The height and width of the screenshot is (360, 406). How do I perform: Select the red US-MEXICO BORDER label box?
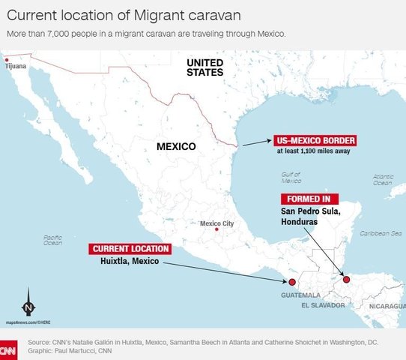[x=315, y=140]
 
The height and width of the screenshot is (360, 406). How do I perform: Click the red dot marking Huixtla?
[x=292, y=282]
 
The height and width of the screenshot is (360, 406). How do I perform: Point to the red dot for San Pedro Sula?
[x=346, y=280]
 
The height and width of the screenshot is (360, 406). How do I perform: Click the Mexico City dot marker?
[x=216, y=230]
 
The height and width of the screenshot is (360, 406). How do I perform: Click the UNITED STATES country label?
[x=205, y=67]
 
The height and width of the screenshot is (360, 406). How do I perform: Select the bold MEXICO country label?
[x=176, y=146]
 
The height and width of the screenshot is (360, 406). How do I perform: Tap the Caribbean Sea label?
[x=380, y=233]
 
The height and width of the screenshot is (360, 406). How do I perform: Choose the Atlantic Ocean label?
[x=383, y=179]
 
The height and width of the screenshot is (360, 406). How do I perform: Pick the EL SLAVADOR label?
[x=322, y=306]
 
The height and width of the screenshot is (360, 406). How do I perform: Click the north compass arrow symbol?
[x=28, y=301]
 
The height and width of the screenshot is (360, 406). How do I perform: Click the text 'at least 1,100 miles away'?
[x=314, y=151]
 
